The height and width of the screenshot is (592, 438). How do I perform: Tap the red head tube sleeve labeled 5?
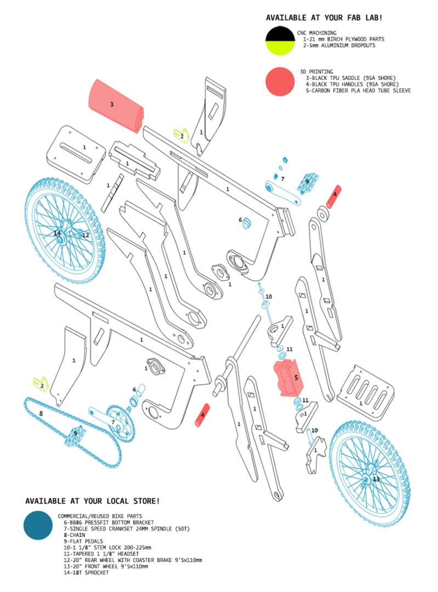pyautogui.click(x=287, y=378)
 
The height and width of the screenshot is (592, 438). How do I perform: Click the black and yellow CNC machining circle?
pyautogui.click(x=280, y=42)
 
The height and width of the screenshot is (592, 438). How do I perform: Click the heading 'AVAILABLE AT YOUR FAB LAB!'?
pyautogui.click(x=324, y=18)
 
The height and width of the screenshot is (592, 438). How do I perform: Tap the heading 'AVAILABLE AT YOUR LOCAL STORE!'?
pyautogui.click(x=93, y=501)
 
